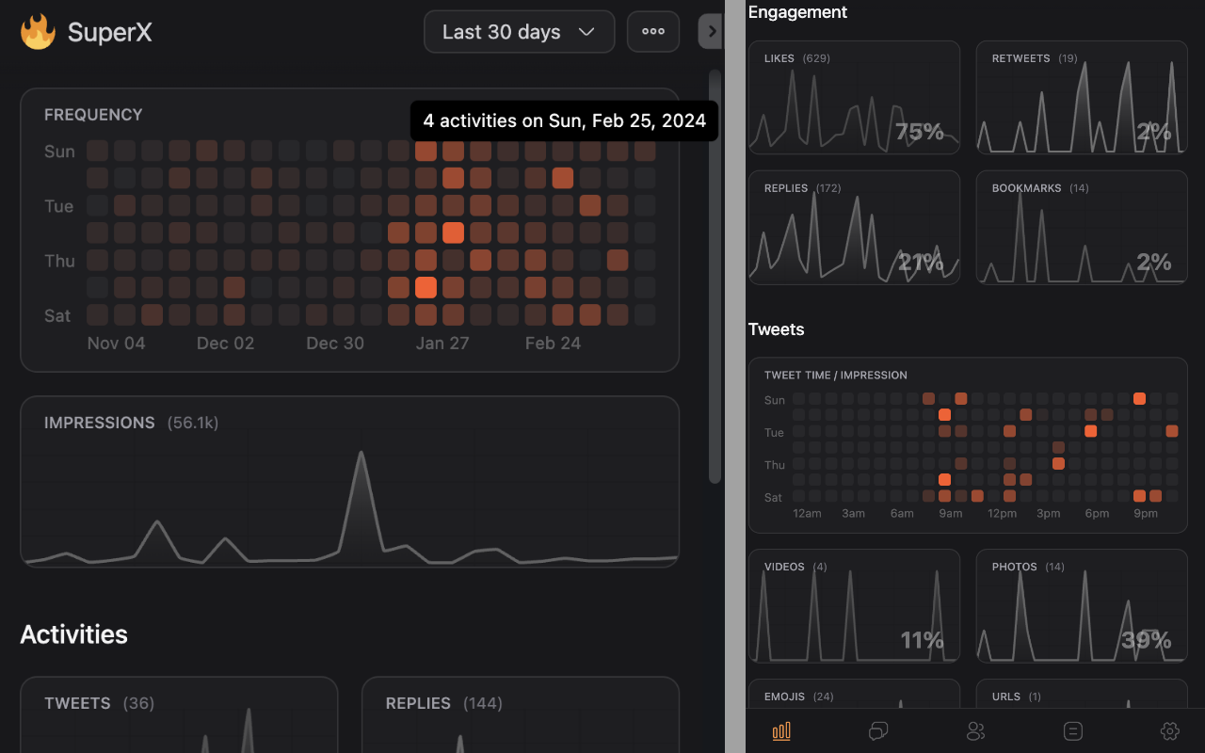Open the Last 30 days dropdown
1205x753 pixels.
click(519, 32)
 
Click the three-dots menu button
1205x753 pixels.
click(653, 32)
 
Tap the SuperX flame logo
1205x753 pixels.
click(38, 32)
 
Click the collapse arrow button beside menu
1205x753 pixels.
click(711, 31)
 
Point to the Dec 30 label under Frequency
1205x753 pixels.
click(335, 344)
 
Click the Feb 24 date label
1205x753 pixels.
click(553, 344)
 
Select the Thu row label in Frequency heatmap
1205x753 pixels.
click(59, 261)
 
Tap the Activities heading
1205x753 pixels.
click(73, 634)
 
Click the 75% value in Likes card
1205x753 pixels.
click(919, 132)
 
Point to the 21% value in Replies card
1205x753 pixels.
click(920, 263)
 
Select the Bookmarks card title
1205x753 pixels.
click(1025, 188)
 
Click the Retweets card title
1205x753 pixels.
click(1020, 58)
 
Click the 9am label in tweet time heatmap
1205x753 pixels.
click(951, 514)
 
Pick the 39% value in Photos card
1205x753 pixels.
click(1146, 641)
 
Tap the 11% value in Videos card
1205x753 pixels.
click(922, 641)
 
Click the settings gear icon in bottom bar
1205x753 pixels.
click(1170, 731)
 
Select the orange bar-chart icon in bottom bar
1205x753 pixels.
click(781, 731)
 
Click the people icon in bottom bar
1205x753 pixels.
click(976, 731)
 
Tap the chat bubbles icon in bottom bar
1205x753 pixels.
click(878, 731)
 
